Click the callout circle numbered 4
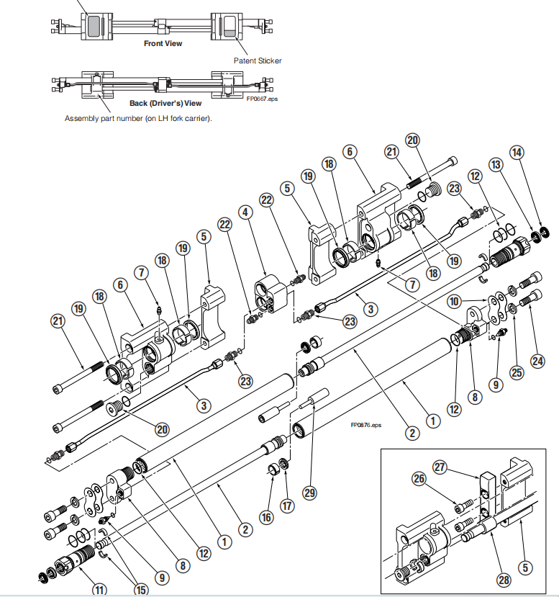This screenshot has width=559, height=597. [245, 212]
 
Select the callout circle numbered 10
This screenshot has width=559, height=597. [454, 302]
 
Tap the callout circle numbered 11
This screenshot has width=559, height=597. [99, 590]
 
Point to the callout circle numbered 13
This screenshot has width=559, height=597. [496, 165]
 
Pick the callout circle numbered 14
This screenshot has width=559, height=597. [517, 153]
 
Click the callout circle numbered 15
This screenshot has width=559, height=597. [141, 590]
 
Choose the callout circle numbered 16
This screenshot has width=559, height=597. [267, 518]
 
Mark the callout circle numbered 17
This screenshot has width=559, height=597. [287, 506]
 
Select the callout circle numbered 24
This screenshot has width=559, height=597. [537, 361]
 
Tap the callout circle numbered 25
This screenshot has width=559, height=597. [517, 372]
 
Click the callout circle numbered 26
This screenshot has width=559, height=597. [419, 479]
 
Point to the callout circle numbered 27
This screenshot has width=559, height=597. [440, 467]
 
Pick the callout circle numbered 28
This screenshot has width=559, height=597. [504, 580]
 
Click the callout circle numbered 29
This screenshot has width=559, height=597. [309, 493]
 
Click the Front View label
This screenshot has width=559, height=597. [163, 43]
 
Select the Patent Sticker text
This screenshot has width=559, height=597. [258, 60]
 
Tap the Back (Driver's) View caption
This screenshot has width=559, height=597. [165, 103]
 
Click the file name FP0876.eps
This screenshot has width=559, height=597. [365, 425]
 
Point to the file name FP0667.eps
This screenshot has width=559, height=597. [262, 99]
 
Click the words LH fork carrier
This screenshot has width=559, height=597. [183, 118]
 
